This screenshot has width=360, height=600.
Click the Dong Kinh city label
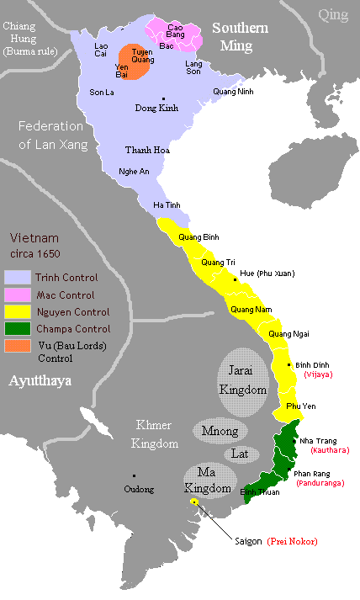coord(157,108)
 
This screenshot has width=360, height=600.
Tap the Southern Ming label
coord(240,37)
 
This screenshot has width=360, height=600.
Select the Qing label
coord(332,13)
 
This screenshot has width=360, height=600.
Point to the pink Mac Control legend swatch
coord(17,295)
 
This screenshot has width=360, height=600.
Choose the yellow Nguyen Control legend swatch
coord(17,312)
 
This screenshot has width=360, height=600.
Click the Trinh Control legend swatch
coord(17,277)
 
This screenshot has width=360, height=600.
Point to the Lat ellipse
coord(241,454)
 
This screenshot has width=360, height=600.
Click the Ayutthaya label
coord(40,380)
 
